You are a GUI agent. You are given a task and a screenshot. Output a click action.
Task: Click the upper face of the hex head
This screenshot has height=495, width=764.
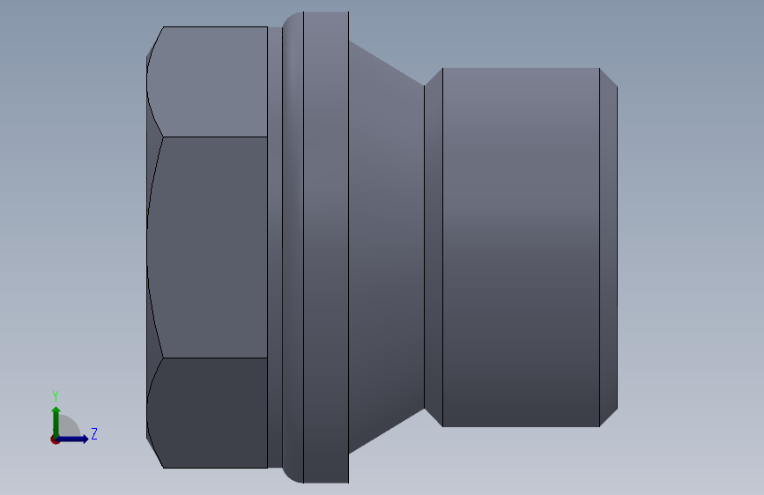point(211,81)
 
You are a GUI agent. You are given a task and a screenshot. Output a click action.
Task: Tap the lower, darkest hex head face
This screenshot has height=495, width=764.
point(211,412)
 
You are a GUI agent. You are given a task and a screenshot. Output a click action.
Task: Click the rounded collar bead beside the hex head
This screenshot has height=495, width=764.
point(293,247)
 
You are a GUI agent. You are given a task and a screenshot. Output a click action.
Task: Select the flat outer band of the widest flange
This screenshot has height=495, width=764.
point(326,247)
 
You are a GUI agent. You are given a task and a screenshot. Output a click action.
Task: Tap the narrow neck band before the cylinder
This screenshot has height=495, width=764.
point(433,247)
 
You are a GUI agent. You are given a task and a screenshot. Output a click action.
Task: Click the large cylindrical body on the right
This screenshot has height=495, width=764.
point(520,247)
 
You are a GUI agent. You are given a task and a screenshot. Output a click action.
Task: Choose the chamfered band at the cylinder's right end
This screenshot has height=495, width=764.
point(608,247)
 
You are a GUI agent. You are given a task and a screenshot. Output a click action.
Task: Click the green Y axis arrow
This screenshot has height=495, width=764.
point(56,418)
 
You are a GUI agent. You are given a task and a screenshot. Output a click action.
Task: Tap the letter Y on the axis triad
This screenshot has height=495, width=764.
point(56,395)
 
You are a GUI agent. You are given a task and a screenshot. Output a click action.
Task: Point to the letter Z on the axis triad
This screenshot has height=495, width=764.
point(94,434)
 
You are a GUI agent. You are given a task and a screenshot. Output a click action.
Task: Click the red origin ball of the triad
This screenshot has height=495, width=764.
point(56,440)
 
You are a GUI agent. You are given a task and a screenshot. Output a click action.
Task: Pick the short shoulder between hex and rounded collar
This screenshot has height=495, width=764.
point(274,247)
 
